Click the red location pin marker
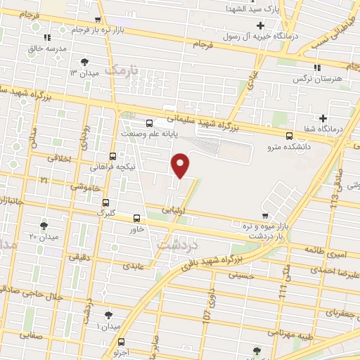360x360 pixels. point(181,165)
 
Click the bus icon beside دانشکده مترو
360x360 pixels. point(290,136)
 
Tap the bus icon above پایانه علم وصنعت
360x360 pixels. point(148,124)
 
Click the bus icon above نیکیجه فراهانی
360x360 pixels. point(113,157)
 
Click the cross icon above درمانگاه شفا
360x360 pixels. point(323,118)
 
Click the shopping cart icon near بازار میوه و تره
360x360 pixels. point(264,216)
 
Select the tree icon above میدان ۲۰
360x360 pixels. point(44,225)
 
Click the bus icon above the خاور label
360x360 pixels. point(137,218)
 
